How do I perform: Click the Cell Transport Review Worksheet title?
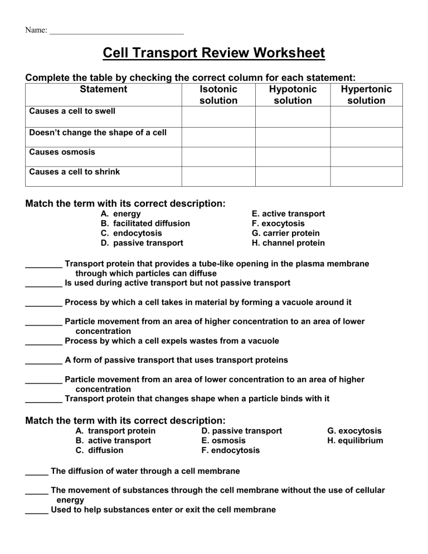pos(214,54)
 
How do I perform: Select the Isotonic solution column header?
pos(218,95)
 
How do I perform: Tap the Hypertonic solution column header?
pos(366,95)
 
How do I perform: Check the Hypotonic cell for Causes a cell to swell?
pos(293,116)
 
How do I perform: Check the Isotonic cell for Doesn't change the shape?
pos(218,137)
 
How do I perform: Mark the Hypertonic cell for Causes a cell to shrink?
pos(366,176)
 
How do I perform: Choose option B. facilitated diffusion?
pos(145,223)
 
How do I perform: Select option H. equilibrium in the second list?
pos(355,441)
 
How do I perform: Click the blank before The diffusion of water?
pos(37,472)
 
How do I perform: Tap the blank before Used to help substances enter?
pos(37,511)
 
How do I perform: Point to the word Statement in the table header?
pos(104,89)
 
